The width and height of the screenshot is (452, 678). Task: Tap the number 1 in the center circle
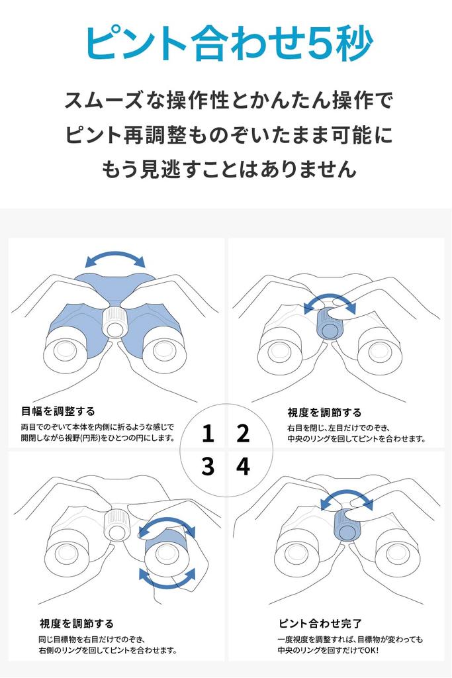208,434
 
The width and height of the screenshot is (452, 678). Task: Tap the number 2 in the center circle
243,434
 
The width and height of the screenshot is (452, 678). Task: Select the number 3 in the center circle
208,467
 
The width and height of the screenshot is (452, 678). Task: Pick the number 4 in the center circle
243,467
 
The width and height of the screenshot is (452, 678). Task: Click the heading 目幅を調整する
58,411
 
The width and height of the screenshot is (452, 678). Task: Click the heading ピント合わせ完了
320,623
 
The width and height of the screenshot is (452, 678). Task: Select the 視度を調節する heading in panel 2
324,412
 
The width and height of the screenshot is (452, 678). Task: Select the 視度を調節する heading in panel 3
77,623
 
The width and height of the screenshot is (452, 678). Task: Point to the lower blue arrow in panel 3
167,580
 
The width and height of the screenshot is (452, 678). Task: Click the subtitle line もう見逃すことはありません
228,169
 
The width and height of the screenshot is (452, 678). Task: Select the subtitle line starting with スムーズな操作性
228,101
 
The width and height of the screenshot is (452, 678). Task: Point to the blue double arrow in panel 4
347,498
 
